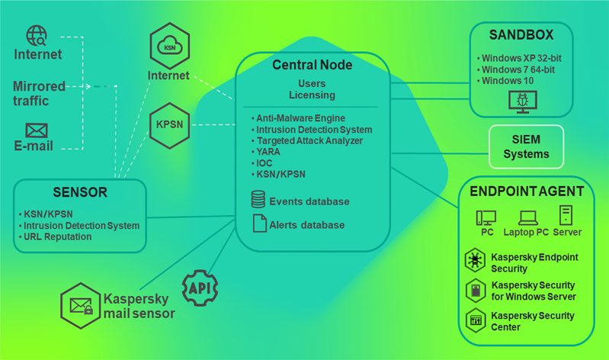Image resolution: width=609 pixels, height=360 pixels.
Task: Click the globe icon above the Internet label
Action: [x=37, y=35]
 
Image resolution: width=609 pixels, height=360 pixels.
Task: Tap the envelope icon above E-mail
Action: [x=37, y=130]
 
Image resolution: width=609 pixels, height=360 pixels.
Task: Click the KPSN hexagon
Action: [x=169, y=124]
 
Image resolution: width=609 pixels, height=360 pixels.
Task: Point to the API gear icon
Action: [x=200, y=288]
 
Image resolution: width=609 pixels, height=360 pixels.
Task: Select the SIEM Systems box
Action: [x=526, y=146]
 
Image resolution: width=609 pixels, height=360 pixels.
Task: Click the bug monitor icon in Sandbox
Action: [x=522, y=101]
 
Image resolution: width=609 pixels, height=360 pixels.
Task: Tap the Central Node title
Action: [x=313, y=65]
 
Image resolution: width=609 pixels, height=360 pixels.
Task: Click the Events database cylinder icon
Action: [x=258, y=201]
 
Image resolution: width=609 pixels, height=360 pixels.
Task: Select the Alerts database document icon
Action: [x=258, y=224]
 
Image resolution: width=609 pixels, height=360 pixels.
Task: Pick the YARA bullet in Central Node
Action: [x=268, y=152]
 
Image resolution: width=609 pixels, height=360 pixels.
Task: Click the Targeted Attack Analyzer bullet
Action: [x=309, y=141]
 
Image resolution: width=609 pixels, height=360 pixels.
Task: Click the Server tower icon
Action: [x=566, y=215]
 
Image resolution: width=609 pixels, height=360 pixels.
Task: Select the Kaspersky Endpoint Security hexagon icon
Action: [x=475, y=261]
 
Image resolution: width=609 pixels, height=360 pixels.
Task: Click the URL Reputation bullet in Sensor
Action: [x=57, y=236]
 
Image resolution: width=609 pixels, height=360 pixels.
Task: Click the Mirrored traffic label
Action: [x=39, y=93]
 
